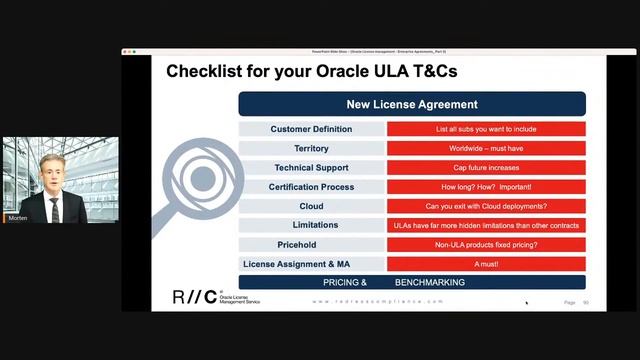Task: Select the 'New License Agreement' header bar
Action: pos(411,104)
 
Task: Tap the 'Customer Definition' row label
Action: pos(310,129)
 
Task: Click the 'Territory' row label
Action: pos(310,148)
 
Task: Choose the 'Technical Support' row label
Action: pos(310,167)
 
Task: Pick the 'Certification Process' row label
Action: pos(310,187)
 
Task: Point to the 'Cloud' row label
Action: pos(310,206)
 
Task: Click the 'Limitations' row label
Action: pos(310,225)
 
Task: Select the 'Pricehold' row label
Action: pos(310,244)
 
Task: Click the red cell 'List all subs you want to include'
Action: pos(486,129)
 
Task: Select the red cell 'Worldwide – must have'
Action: pos(486,148)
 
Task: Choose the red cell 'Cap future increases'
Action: pos(486,167)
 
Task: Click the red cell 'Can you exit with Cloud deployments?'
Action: pos(486,206)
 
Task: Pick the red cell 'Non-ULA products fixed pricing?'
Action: pos(486,244)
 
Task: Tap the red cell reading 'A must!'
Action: pos(486,264)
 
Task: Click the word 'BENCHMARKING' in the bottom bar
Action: pos(429,283)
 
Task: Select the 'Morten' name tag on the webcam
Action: pos(17,218)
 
